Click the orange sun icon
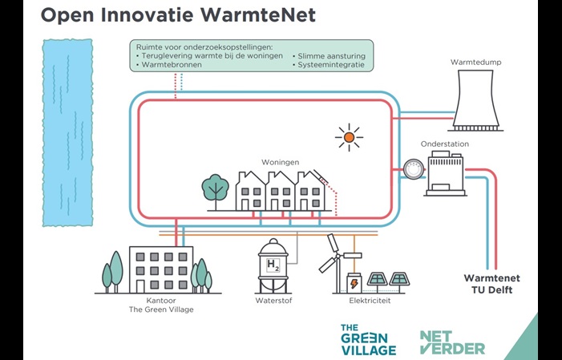tap(349, 137)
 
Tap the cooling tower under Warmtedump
tap(479, 99)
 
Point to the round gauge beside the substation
tap(414, 169)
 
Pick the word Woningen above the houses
tap(281, 161)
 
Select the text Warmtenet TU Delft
tap(487, 284)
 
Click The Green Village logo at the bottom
tap(368, 340)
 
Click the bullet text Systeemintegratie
tap(330, 65)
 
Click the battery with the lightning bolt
tap(354, 282)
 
